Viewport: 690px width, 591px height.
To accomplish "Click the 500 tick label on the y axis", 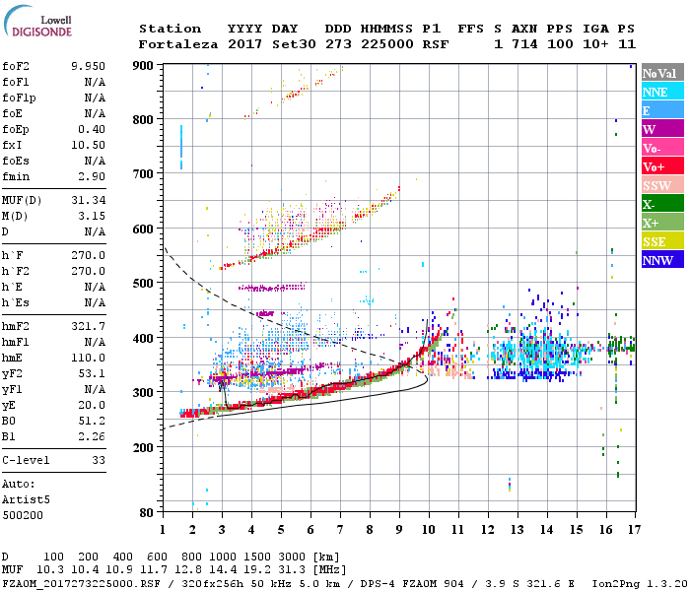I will [144, 284].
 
